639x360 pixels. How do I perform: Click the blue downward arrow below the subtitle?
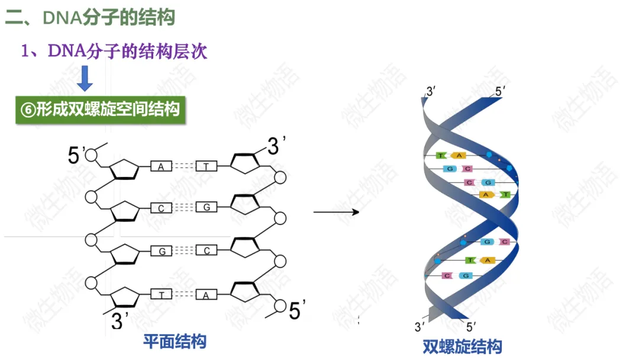(x=86, y=78)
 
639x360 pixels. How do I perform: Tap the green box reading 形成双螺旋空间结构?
(x=100, y=110)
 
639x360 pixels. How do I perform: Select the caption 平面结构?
(x=175, y=341)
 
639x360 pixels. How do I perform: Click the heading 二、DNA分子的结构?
(x=91, y=17)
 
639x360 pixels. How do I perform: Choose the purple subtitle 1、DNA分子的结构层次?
(x=114, y=52)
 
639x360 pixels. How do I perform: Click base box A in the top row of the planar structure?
(x=161, y=166)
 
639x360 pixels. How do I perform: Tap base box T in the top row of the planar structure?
(x=206, y=166)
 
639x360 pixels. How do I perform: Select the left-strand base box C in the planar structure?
(x=161, y=208)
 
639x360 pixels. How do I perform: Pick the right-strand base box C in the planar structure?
(x=206, y=250)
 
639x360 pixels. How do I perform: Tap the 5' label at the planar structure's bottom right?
(x=297, y=310)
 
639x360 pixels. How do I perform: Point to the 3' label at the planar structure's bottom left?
(x=121, y=322)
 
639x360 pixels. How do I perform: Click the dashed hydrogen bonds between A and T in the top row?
(x=183, y=166)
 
